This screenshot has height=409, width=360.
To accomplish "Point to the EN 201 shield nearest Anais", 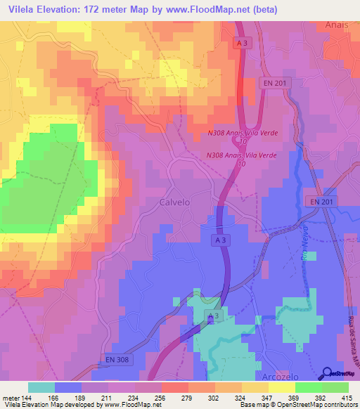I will pyautogui.click(x=274, y=83).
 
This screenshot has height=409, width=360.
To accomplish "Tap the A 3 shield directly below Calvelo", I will pyautogui.click(x=221, y=240).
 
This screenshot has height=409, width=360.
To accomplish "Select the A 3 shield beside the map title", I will pyautogui.click(x=243, y=43).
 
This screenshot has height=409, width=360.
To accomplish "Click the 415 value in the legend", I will pyautogui.click(x=347, y=397).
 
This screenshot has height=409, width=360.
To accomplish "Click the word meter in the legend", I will pyautogui.click(x=10, y=397).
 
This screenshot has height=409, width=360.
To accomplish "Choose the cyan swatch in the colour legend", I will pyautogui.click(x=41, y=387).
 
